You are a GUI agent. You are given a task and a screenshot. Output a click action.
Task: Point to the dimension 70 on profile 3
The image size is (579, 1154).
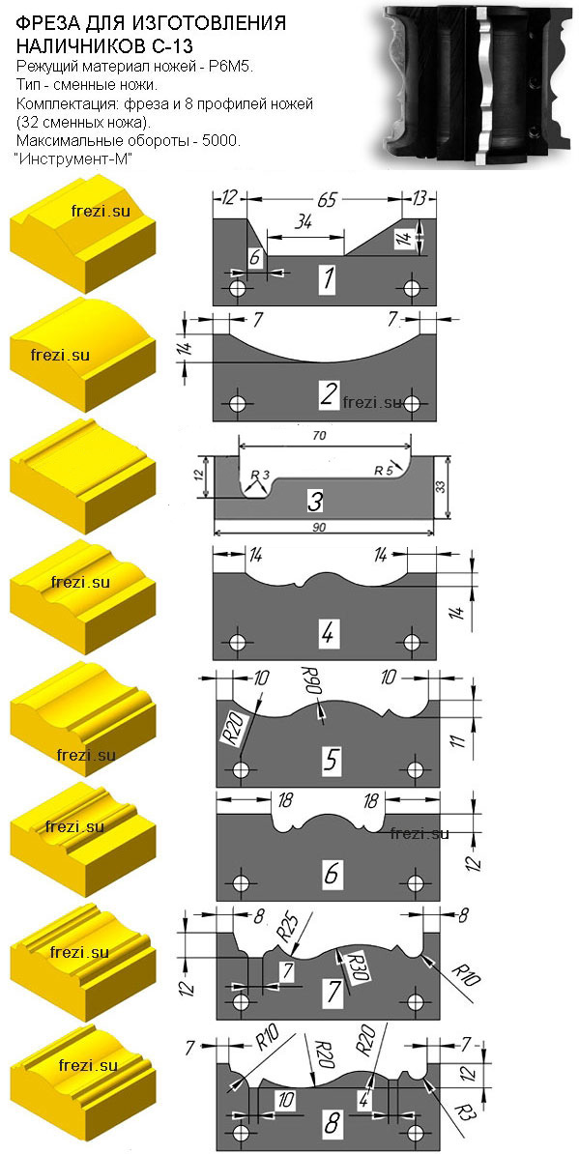[319, 435]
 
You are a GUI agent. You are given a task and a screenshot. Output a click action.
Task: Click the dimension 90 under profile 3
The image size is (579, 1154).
[319, 528]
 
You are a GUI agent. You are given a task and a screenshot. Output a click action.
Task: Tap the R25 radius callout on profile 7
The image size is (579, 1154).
[288, 926]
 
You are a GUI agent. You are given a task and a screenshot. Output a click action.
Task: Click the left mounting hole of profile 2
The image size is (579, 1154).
[237, 404]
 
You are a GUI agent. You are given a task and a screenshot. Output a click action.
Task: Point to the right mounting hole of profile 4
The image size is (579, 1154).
[411, 642]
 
